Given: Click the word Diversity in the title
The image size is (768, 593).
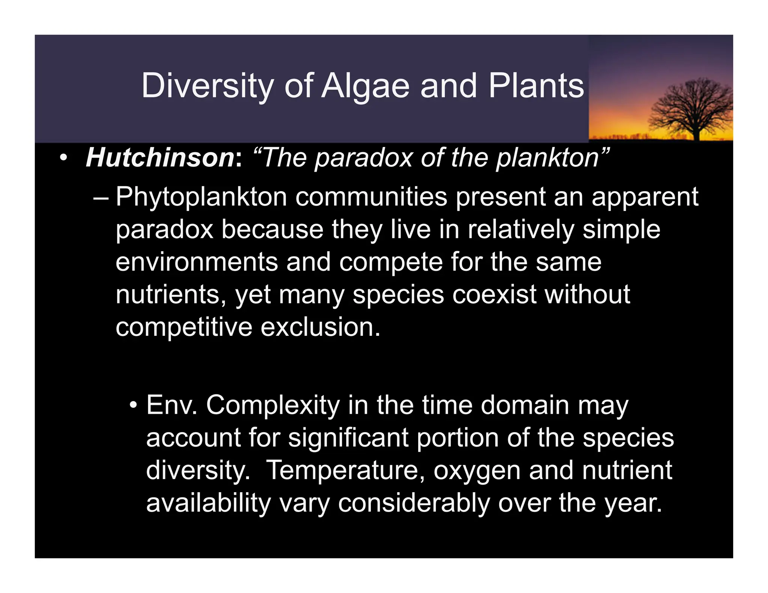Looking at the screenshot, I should point(207,86).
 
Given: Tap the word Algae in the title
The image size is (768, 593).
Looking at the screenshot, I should point(366,86).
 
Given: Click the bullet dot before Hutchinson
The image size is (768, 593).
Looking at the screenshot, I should point(63,158).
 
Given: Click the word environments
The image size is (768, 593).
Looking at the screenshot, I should point(196,262).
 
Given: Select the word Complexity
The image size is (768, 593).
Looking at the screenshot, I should point(273,406).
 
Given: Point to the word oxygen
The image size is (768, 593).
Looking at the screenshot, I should point(477,470).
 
